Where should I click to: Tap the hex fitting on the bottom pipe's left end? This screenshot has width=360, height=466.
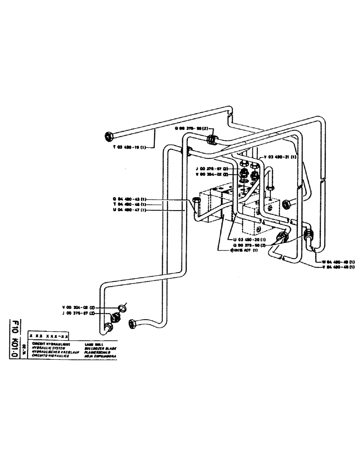click(x=132, y=323)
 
